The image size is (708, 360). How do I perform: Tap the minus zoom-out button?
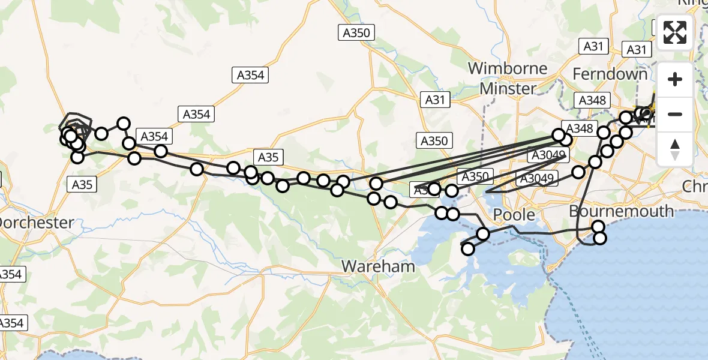pyautogui.click(x=675, y=114)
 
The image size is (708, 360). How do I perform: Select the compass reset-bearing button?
pyautogui.click(x=675, y=148)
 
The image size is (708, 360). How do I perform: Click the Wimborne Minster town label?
pyautogui.click(x=508, y=78)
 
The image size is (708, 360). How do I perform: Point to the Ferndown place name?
pyautogui.click(x=610, y=74)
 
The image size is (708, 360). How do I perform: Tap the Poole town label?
pyautogui.click(x=514, y=214)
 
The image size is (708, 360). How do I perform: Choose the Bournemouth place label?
pyautogui.click(x=620, y=211)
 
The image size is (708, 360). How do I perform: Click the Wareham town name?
pyautogui.click(x=378, y=266)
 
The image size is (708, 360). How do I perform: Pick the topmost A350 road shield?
pyautogui.click(x=356, y=33)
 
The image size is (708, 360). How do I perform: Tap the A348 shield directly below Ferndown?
pyautogui.click(x=592, y=101)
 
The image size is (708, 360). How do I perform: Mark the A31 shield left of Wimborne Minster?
pyautogui.click(x=434, y=100)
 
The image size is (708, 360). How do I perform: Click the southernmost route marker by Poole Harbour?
pyautogui.click(x=468, y=249)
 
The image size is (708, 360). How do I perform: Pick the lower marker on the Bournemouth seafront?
pyautogui.click(x=599, y=239)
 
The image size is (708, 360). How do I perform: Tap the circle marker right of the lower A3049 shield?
pyautogui.click(x=578, y=172)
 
